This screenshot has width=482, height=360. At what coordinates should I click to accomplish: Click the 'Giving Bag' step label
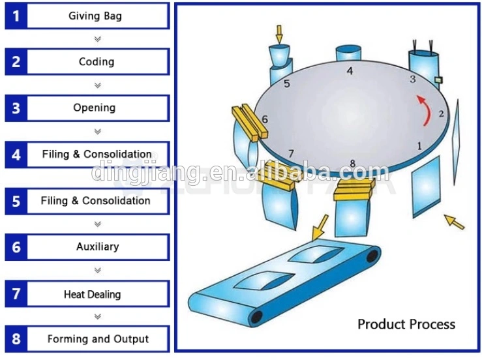95,16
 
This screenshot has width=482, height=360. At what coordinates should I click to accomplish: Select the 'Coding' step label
97,61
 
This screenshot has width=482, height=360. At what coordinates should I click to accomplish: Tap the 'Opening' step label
95,108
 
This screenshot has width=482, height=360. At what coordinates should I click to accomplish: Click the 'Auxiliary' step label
98,247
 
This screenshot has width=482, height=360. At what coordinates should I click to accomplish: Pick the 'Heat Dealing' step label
92,294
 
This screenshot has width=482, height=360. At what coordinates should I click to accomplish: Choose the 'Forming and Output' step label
98,338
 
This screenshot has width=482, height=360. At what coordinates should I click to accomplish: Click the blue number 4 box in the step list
16,155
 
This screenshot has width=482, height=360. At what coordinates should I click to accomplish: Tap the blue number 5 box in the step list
16,202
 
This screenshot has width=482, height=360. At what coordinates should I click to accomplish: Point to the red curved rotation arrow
425,110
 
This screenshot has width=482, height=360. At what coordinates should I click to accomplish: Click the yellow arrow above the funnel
279,35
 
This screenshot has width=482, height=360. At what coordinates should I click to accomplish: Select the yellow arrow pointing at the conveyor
320,228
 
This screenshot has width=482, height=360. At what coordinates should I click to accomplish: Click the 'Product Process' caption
406,324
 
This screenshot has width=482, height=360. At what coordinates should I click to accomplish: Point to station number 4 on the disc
350,71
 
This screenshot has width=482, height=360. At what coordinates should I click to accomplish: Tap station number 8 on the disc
353,164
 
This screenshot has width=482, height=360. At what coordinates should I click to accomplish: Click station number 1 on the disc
419,146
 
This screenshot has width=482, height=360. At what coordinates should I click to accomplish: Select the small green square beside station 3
439,80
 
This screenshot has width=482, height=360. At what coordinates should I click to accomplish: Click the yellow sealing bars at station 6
250,123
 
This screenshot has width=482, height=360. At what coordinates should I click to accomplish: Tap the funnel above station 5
279,55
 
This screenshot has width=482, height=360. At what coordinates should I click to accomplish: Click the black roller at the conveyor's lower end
257,317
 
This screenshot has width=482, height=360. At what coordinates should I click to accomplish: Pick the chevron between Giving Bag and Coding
98,39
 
